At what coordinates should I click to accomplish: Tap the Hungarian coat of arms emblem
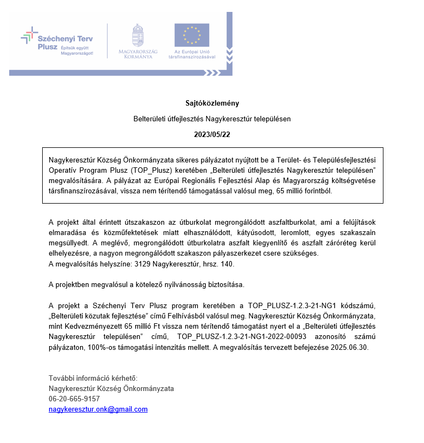[x=138, y=35]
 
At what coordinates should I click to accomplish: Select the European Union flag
[x=191, y=35]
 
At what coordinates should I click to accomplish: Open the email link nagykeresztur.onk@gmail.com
[x=98, y=409]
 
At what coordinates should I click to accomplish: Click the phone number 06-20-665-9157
[x=74, y=399]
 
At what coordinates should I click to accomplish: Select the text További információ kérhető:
[x=93, y=379]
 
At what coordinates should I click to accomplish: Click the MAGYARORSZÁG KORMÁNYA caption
[x=138, y=54]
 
